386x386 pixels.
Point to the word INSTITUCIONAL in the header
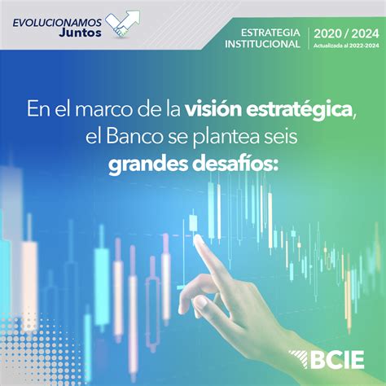click(x=264, y=44)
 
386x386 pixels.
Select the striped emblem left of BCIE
click(x=298, y=358)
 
